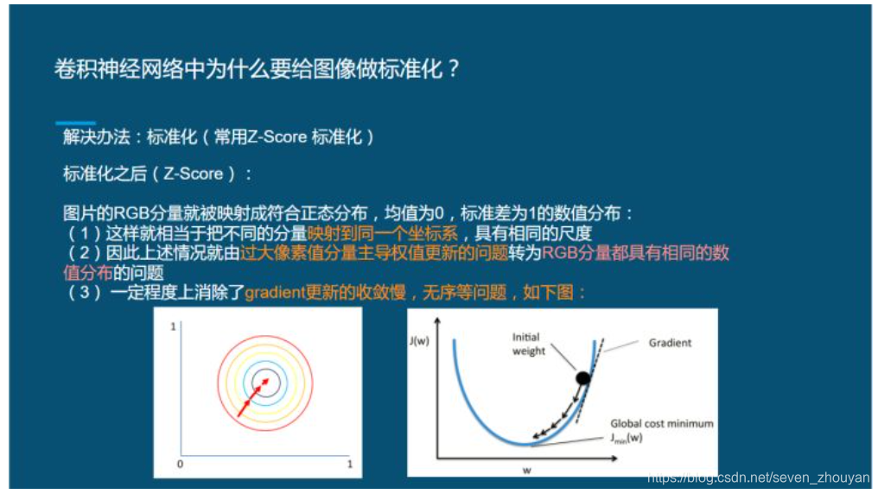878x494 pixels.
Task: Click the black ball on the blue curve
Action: (x=583, y=377)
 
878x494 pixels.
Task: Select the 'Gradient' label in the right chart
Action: (x=671, y=343)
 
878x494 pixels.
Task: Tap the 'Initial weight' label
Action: (x=529, y=345)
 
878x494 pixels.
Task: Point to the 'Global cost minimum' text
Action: (x=661, y=423)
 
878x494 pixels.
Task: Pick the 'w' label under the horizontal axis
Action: (x=526, y=470)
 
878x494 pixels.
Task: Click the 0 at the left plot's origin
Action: (x=179, y=464)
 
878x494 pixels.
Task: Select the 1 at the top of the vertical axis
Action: (x=174, y=326)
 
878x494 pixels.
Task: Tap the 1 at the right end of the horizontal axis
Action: (x=348, y=464)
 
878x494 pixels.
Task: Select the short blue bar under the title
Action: (x=75, y=123)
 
